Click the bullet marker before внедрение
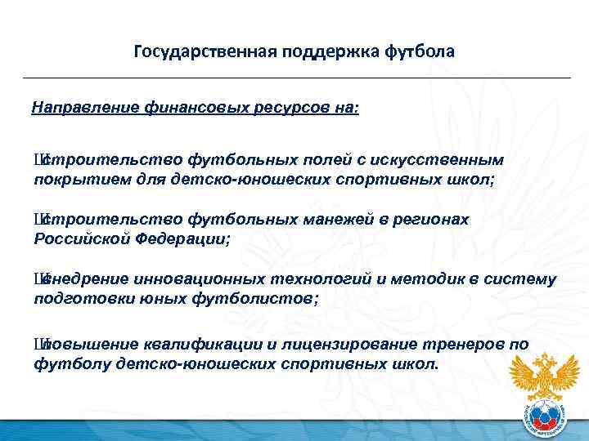tap(38, 280)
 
